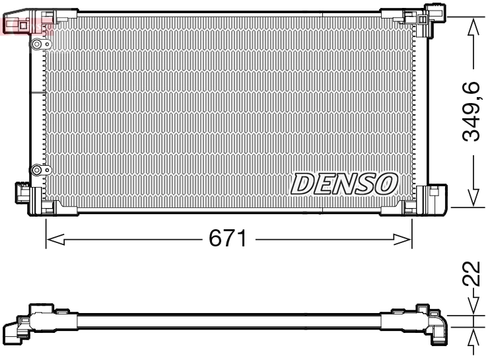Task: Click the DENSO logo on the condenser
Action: (344, 183)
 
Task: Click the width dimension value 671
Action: (228, 239)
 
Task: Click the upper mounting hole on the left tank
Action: (37, 44)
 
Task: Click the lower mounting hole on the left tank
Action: (37, 170)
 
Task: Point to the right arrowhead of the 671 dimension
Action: (403, 239)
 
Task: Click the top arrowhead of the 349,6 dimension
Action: (472, 26)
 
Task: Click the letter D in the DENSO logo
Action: (302, 183)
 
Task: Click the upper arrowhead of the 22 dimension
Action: (472, 305)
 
